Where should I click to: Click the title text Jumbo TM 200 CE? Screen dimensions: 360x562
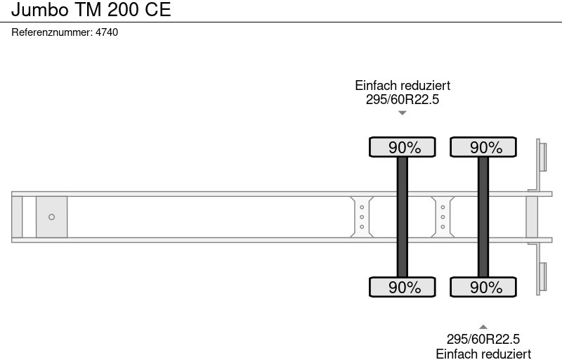point(91,11)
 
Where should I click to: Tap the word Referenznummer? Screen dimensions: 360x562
point(52,32)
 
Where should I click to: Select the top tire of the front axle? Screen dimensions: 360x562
point(403,147)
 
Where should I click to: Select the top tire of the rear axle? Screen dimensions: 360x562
point(483,147)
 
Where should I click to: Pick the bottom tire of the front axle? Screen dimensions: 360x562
point(403,287)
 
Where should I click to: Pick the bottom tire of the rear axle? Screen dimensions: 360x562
point(483,287)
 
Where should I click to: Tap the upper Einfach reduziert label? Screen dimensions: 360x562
point(403,85)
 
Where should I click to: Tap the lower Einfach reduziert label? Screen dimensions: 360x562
point(483,354)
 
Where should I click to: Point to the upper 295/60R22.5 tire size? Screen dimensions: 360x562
point(403,100)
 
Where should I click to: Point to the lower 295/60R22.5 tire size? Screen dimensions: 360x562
point(483,340)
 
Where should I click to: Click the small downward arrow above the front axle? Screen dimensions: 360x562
point(403,112)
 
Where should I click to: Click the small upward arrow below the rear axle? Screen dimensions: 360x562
point(483,326)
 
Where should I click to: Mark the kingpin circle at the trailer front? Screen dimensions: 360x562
point(51,217)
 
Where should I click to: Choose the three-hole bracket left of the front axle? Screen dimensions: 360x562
point(361,217)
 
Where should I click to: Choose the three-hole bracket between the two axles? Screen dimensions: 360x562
point(443,217)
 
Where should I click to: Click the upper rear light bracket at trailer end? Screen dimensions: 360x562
point(542,155)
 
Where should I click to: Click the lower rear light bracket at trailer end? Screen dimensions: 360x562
point(542,277)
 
